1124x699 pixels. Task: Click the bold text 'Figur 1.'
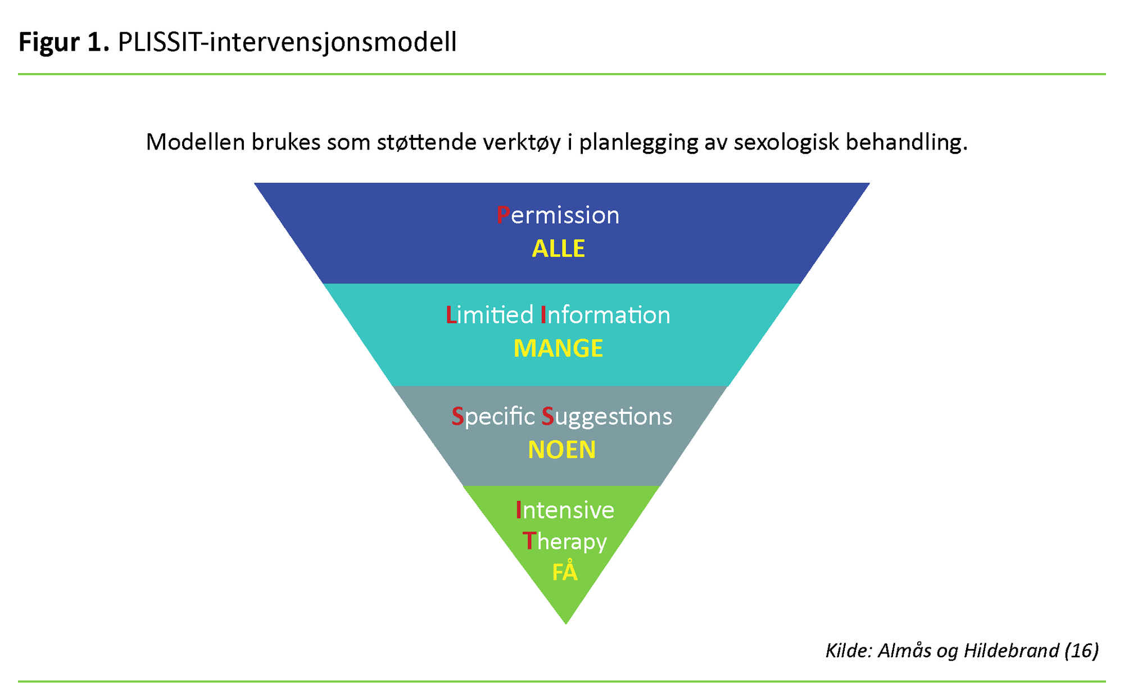tap(64, 42)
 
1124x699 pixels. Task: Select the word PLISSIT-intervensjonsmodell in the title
tap(287, 42)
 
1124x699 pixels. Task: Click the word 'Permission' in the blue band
tap(558, 215)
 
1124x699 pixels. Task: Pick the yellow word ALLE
tap(558, 249)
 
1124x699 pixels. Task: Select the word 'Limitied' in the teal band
tap(489, 315)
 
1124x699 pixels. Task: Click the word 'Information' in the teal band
tap(605, 315)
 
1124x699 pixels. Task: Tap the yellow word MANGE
tap(558, 349)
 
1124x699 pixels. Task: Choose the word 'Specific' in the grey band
tap(493, 417)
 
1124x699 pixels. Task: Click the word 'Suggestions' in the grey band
tap(607, 417)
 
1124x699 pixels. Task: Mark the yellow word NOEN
tap(561, 450)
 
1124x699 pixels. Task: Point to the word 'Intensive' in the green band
tap(565, 510)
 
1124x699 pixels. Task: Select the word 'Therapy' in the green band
tap(565, 541)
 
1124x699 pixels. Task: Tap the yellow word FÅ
tap(565, 572)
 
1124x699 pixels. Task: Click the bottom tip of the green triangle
tap(566, 621)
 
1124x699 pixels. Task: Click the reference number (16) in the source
tap(1081, 651)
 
